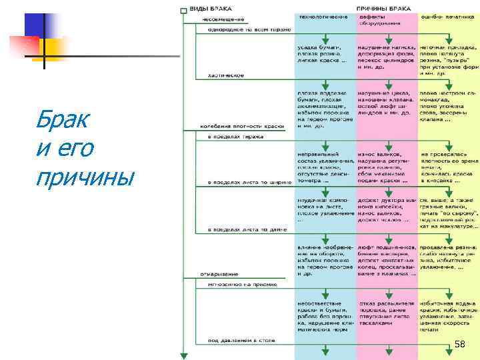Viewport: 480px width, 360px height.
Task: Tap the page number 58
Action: pos(460,344)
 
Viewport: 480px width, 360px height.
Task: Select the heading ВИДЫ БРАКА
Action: pos(207,9)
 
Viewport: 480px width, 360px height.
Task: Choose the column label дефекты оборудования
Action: pos(381,19)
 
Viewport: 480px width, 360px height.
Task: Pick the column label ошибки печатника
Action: pos(447,16)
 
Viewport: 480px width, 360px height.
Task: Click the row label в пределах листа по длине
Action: pos(247,230)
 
